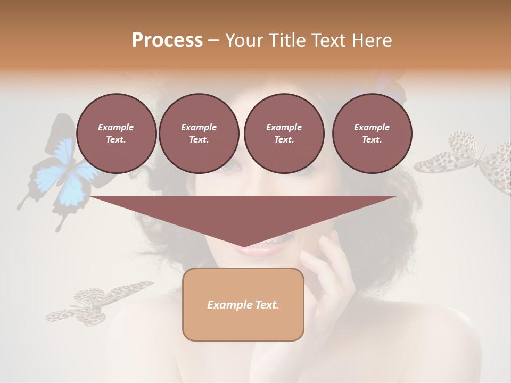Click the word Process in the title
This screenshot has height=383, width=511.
tap(167, 40)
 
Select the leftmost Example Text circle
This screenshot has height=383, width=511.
tap(116, 134)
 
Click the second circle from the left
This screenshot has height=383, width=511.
tap(199, 134)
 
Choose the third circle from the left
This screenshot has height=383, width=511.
tap(284, 134)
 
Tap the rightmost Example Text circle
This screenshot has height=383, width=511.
tap(372, 134)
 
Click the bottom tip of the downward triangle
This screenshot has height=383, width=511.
tap(243, 247)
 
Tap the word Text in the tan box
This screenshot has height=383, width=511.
tap(267, 305)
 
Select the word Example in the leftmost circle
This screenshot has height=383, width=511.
tap(116, 127)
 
